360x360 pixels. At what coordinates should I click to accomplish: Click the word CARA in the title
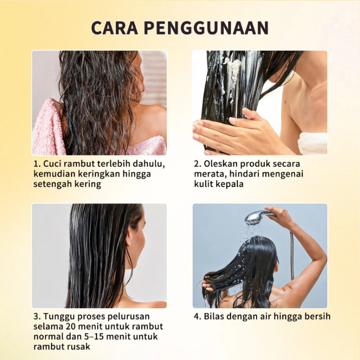click(115, 28)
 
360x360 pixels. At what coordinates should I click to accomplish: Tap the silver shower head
click(255, 217)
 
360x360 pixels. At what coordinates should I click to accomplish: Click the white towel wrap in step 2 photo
click(313, 143)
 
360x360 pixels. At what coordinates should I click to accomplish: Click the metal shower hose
click(292, 255)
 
